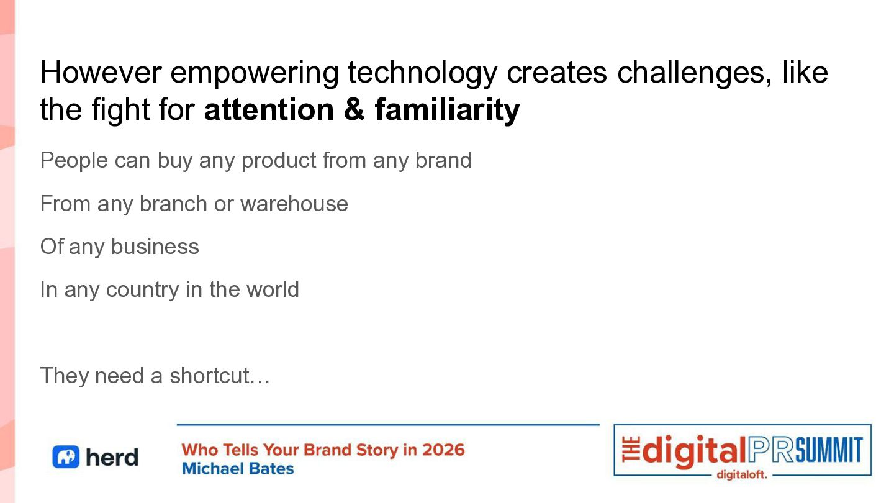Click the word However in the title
(x=101, y=73)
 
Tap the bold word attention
(x=269, y=109)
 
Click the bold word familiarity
(x=448, y=109)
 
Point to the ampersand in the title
(x=354, y=109)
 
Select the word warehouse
(x=294, y=204)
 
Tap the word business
(x=155, y=247)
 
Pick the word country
(x=143, y=291)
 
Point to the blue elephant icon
(x=66, y=456)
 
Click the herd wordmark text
(x=112, y=456)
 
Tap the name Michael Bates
(x=238, y=469)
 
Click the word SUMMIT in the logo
(x=829, y=450)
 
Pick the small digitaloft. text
(x=741, y=474)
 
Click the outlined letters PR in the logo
(x=771, y=450)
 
